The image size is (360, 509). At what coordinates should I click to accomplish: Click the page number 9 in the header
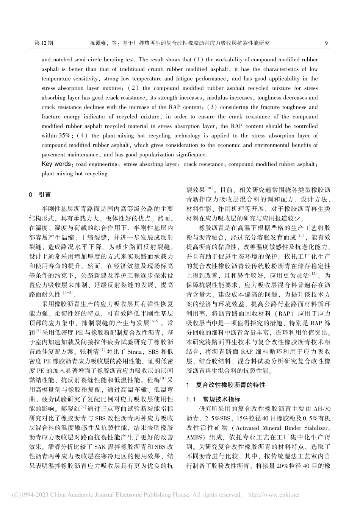coord(326,43)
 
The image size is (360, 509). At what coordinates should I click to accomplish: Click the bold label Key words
coord(56,164)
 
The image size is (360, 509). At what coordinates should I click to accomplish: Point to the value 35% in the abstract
coord(50,136)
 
